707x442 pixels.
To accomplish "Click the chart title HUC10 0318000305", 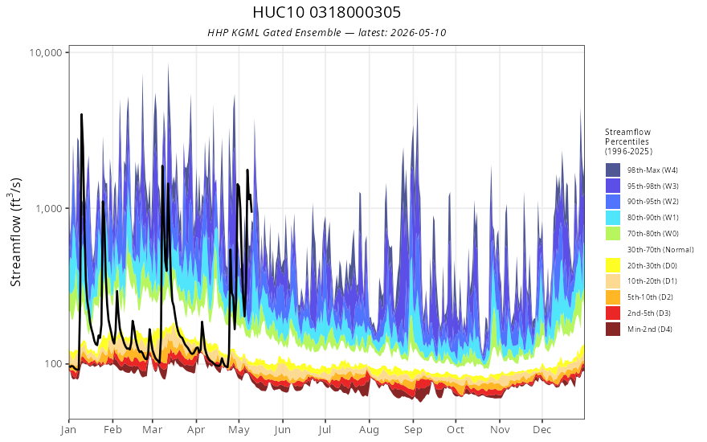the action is pos(326,12).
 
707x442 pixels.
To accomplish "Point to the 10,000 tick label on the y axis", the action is pos(46,52).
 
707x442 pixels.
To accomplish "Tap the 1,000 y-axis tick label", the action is pos(49,208).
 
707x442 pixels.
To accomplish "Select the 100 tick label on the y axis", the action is pos(53,364).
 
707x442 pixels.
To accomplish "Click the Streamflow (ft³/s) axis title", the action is pos(16,232).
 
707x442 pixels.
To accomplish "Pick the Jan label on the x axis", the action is pos(68,430).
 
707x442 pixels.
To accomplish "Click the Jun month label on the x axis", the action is pos(282,430).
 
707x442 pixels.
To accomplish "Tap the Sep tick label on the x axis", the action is pos(413,430).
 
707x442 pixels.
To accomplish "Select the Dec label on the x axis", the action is pos(542,430).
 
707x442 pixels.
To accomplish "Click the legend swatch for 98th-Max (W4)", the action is pos(613,170).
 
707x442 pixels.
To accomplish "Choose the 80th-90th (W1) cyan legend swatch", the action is pos(613,218).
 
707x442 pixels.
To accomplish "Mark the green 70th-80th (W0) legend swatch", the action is pos(613,234).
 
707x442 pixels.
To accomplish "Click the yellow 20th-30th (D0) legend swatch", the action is pos(613,265).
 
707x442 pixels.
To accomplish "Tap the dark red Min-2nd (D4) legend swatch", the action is pos(613,329).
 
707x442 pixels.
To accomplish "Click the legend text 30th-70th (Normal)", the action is pos(660,249).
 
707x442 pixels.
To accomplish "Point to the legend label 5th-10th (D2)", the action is pos(650,297).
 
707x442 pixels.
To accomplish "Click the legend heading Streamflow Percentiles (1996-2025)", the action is pos(628,141).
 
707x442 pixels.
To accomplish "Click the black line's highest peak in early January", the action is pos(82,115).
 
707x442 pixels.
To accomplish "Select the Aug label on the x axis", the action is pos(369,430).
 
